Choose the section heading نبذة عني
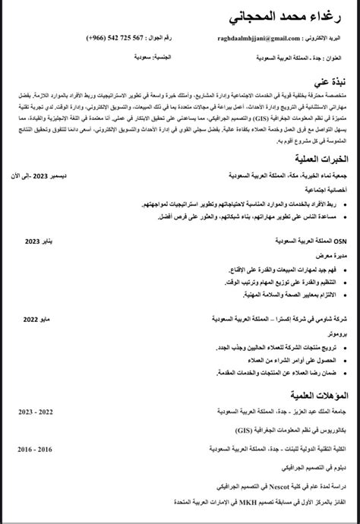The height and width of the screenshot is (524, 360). (329, 80)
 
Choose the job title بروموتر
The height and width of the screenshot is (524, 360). (336, 335)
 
